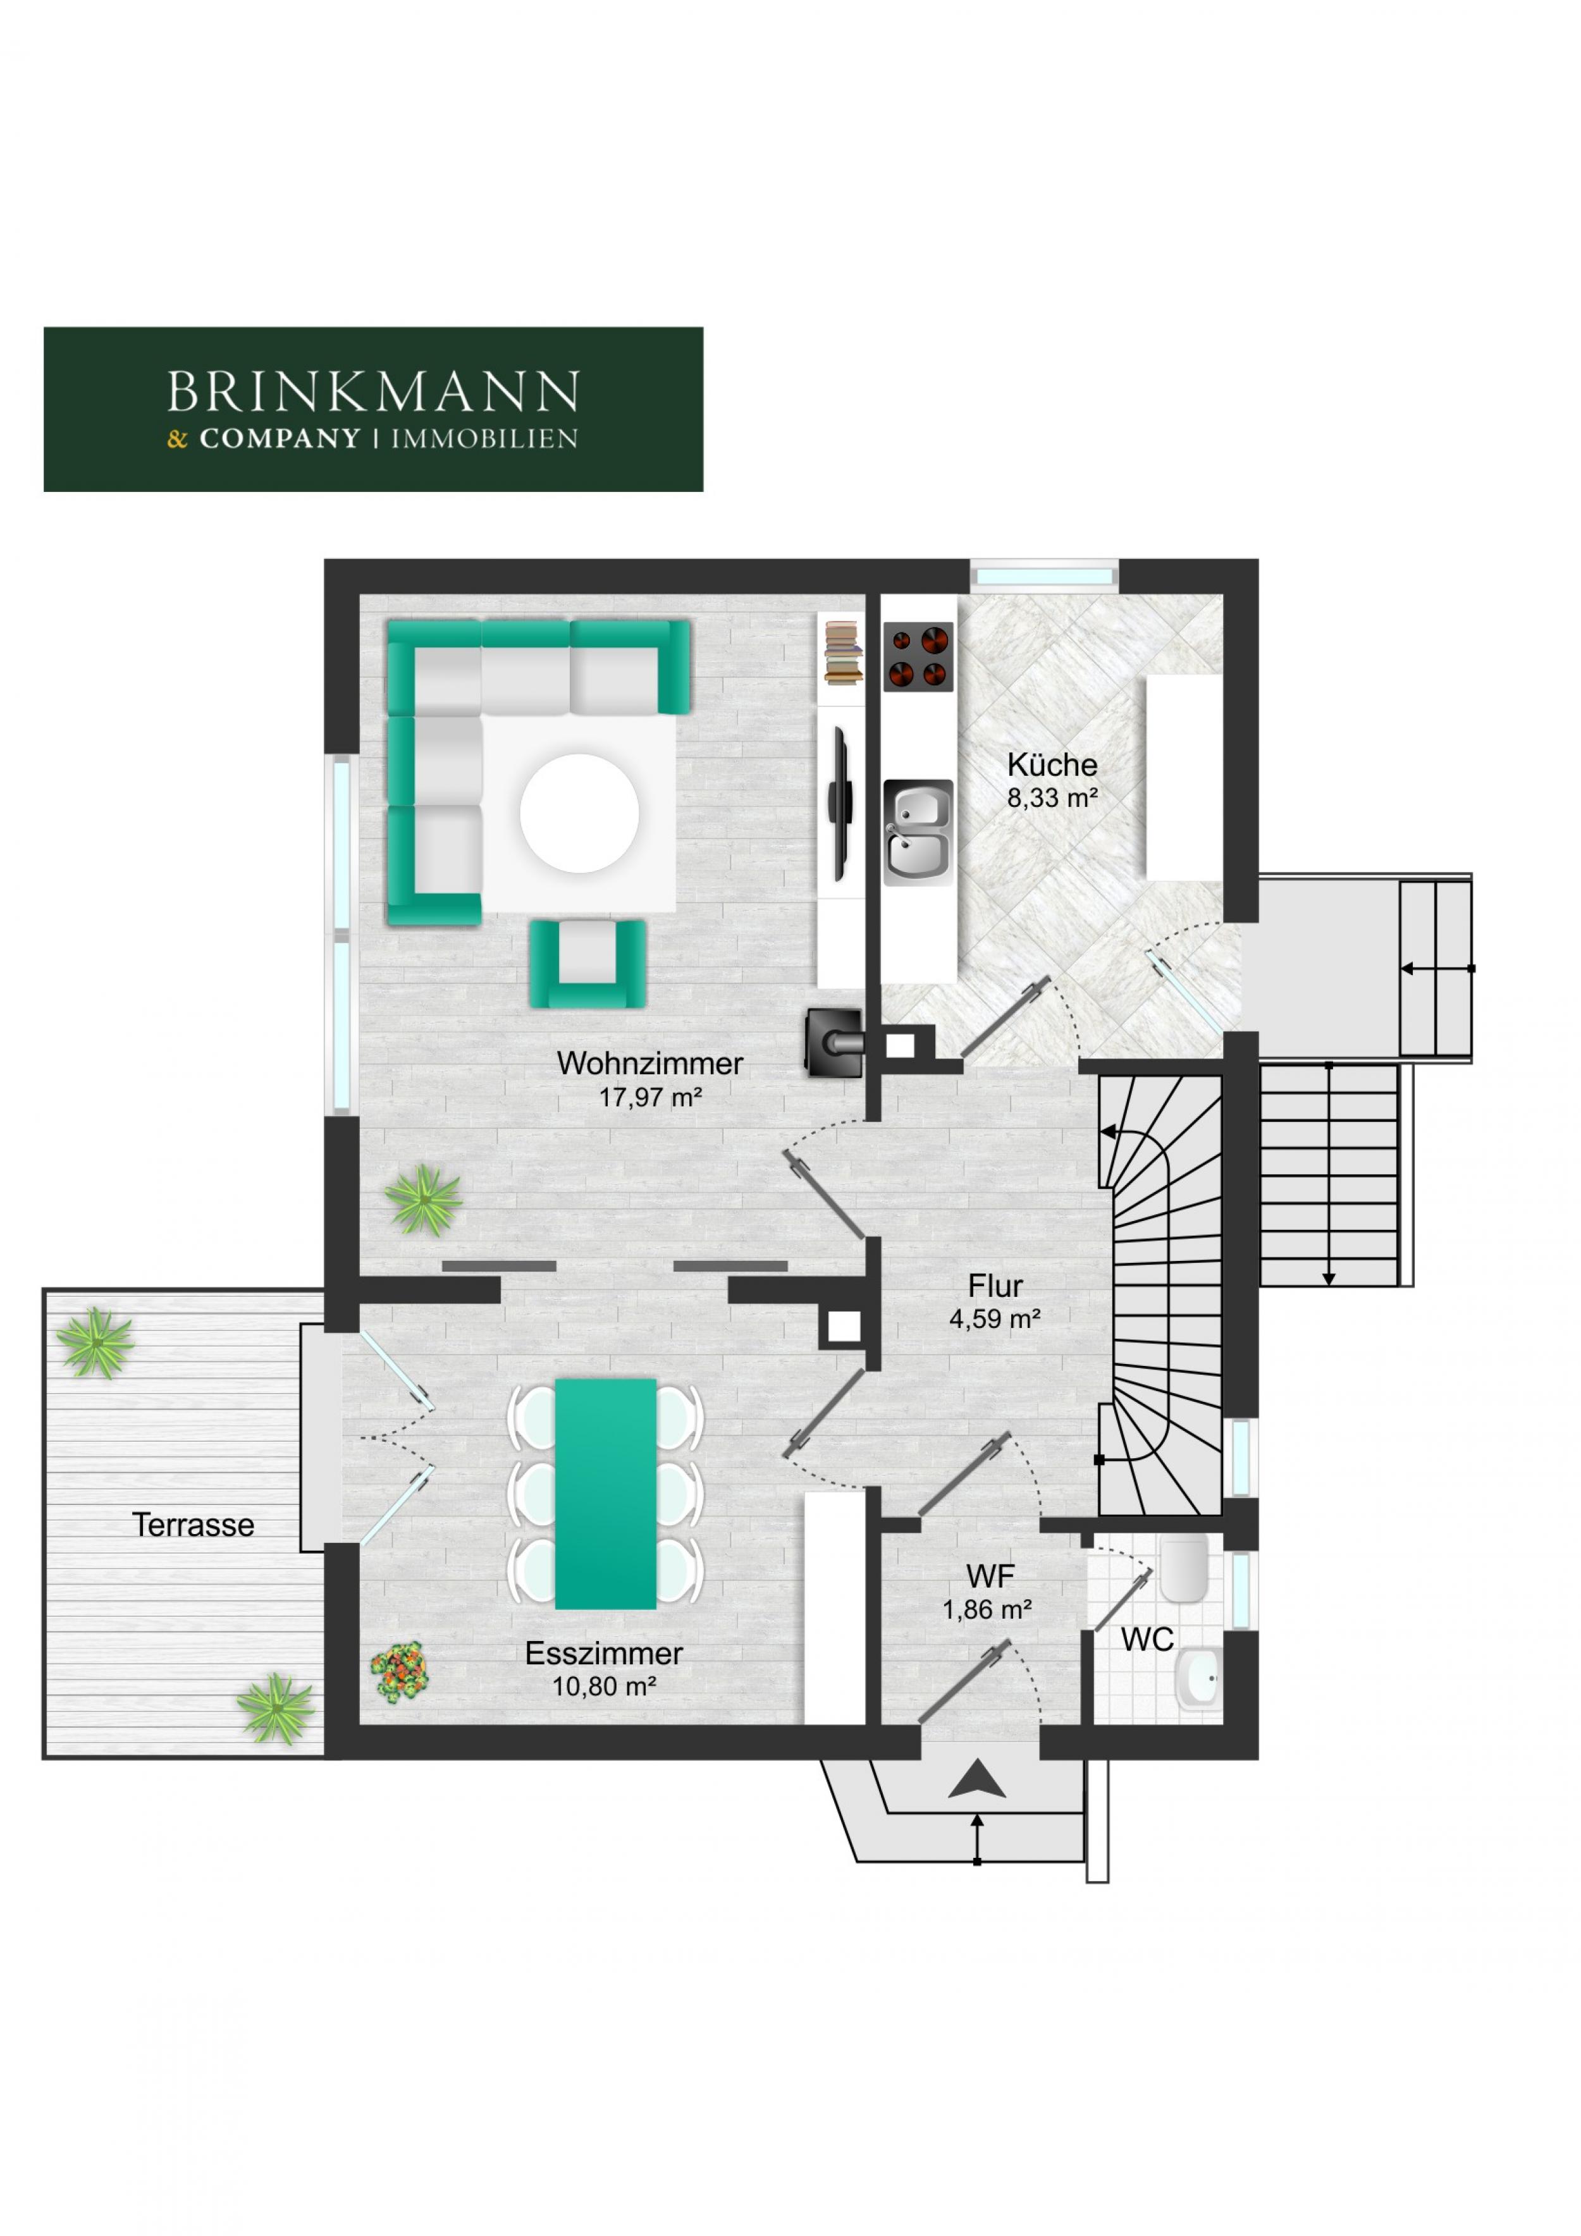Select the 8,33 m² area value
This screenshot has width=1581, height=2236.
tap(1052, 799)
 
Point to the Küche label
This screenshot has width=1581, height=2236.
tap(1052, 765)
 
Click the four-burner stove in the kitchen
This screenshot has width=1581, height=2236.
tap(918, 656)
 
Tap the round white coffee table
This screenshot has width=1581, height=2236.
tap(580, 813)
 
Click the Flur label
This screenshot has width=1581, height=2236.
tap(995, 1286)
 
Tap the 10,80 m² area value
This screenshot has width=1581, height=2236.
tap(604, 1686)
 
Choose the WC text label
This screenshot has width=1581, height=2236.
tap(1148, 1640)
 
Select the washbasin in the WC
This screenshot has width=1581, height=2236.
tap(1198, 1678)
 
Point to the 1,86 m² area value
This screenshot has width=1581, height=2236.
tap(987, 1610)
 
